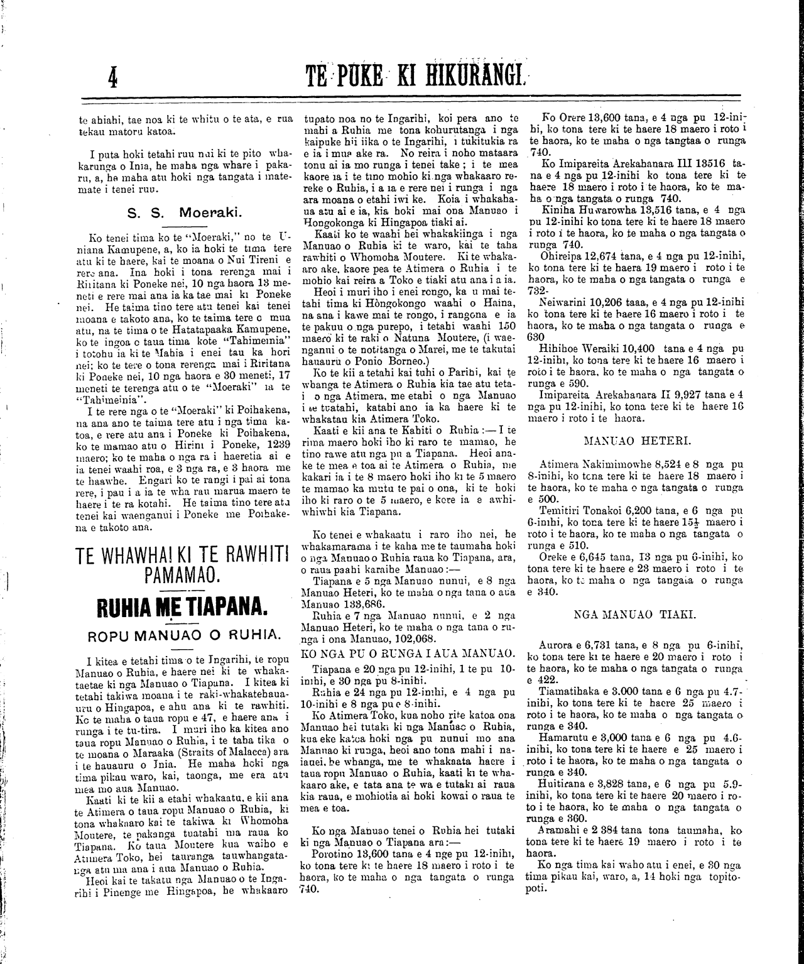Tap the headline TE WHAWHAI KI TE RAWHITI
[182, 557]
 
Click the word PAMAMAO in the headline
[181, 575]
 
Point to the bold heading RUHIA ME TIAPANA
[182, 606]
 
